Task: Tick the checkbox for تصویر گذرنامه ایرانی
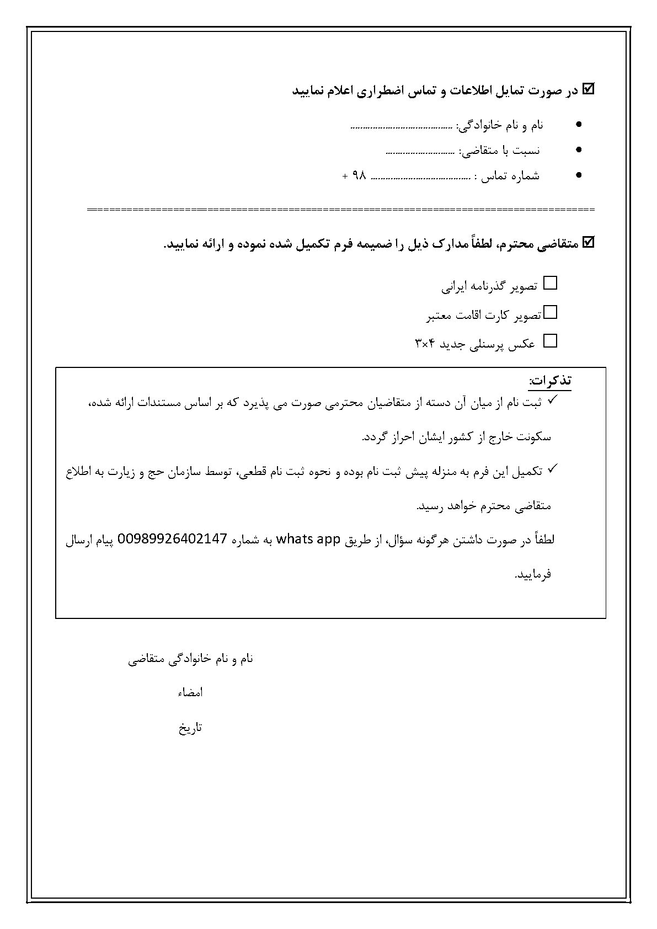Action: (x=550, y=284)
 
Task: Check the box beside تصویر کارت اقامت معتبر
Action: (x=550, y=312)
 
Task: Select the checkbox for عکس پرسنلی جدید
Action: (x=550, y=341)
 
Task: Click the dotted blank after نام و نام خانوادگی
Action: (x=402, y=127)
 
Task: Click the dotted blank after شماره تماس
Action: (x=422, y=178)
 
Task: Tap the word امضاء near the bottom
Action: (x=190, y=692)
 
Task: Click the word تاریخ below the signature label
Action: (x=190, y=728)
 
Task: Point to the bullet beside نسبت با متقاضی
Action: (x=578, y=150)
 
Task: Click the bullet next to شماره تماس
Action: (x=578, y=175)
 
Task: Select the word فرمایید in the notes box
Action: (x=533, y=574)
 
